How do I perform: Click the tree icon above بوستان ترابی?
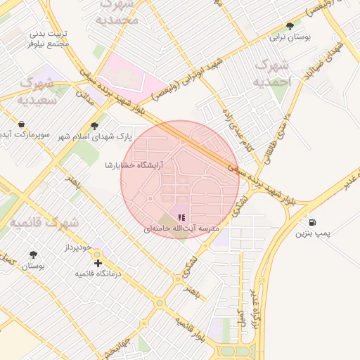click(x=290, y=26)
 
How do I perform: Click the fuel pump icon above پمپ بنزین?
click(x=311, y=222)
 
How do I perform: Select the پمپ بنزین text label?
click(x=312, y=233)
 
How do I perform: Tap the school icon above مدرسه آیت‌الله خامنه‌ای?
click(x=181, y=218)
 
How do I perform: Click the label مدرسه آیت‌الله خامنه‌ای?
click(x=182, y=229)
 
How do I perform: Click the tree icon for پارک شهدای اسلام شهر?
click(x=95, y=126)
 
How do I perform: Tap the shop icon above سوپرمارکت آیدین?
click(x=22, y=124)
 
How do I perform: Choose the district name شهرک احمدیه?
click(x=274, y=73)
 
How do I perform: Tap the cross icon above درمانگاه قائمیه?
click(x=98, y=262)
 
